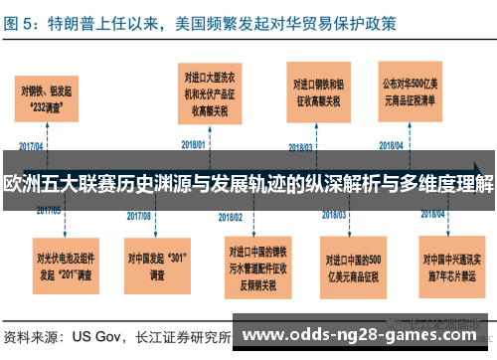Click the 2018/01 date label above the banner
191,143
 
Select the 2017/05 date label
49,210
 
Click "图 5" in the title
22,18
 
